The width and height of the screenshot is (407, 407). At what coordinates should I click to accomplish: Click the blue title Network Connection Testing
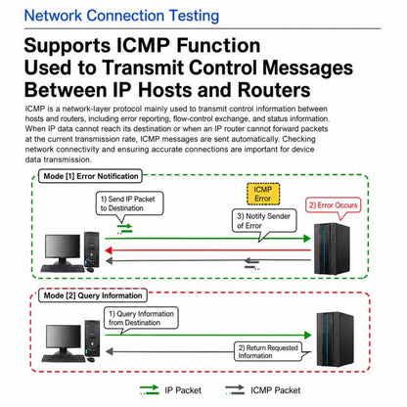tap(121, 16)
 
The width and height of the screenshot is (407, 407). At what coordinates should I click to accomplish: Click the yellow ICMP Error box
tap(263, 194)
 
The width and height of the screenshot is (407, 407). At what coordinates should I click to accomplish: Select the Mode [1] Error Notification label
tap(91, 176)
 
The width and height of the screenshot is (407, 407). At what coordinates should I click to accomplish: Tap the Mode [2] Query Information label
tap(93, 295)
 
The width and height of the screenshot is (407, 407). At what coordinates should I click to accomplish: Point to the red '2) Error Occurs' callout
tap(333, 205)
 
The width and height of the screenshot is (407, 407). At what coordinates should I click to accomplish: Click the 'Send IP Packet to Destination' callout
tap(129, 203)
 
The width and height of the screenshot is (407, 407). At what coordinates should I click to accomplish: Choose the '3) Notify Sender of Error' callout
tap(264, 221)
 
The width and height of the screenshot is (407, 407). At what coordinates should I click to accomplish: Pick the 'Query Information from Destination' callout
tap(141, 318)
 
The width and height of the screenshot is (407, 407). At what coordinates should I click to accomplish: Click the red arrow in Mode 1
tap(207, 250)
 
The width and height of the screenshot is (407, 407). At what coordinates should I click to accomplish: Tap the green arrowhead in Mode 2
tap(307, 335)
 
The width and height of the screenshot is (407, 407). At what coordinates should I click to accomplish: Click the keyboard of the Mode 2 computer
tap(64, 358)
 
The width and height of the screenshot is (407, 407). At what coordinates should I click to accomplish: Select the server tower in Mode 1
tap(332, 249)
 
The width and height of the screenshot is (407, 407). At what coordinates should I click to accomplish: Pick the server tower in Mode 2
tap(335, 339)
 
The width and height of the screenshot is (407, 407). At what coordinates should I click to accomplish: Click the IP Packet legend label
tap(183, 390)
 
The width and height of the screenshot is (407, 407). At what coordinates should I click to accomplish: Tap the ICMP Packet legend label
tap(276, 390)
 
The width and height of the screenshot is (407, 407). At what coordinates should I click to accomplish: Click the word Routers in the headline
tap(274, 90)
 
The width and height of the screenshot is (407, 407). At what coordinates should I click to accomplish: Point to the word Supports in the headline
tap(68, 46)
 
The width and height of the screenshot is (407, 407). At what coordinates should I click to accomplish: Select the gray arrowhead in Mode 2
tap(110, 351)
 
